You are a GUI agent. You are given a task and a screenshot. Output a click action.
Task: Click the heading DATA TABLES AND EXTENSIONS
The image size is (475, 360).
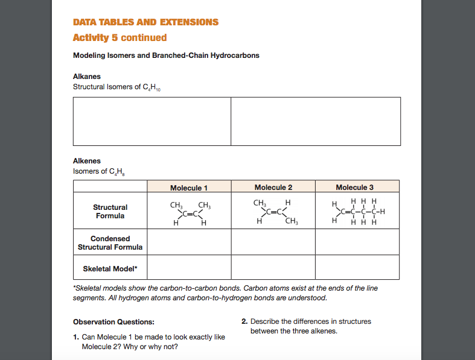(x=145, y=22)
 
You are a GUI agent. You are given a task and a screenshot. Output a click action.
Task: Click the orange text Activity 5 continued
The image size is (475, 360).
(x=120, y=37)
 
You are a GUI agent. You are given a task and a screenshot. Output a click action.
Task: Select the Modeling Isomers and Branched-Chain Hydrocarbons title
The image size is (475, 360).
(x=166, y=55)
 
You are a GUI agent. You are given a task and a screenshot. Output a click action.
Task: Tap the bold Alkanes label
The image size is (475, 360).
(x=87, y=77)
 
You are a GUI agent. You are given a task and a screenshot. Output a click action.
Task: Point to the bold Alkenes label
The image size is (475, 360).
(x=87, y=161)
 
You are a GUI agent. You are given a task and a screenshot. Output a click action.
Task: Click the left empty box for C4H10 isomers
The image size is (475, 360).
(x=152, y=121)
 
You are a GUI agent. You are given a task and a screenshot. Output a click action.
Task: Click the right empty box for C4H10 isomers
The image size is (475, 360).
(x=315, y=121)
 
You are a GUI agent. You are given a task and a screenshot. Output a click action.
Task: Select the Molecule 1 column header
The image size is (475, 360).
(x=188, y=188)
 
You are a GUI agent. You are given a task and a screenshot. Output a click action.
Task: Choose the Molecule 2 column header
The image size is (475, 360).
(x=273, y=188)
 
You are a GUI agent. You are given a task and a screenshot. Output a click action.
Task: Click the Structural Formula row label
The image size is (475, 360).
(x=110, y=211)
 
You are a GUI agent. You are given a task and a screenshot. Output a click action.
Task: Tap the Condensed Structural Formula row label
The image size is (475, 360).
(x=110, y=242)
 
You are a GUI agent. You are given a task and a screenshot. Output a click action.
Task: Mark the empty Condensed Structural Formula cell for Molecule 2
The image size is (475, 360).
(x=273, y=242)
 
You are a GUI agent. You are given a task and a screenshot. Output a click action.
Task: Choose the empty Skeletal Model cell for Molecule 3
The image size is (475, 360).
(x=357, y=267)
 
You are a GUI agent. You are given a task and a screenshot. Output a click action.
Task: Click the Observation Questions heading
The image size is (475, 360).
(x=113, y=321)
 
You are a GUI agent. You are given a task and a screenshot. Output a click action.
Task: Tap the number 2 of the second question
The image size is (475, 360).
(x=244, y=321)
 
